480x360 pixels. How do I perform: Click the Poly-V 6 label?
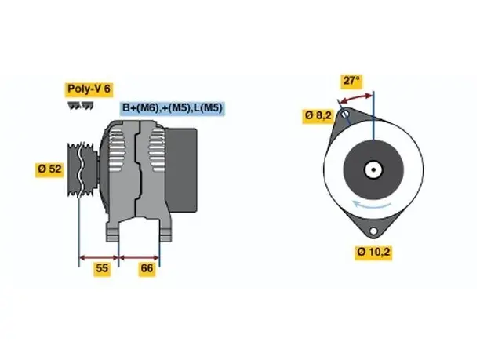tap(89, 89)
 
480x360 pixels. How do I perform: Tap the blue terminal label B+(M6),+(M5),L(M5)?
tap(172, 108)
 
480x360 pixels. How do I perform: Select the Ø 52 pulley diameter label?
tap(49, 169)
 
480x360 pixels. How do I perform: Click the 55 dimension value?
tap(102, 268)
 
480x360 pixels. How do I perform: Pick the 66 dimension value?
tap(147, 268)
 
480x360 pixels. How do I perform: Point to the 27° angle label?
tap(351, 81)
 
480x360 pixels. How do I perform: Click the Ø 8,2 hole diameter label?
tap(318, 116)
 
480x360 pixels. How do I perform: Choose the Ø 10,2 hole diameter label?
tap(373, 253)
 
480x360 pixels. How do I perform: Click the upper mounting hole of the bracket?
tap(345, 115)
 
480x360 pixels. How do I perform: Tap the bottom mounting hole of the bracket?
tap(373, 231)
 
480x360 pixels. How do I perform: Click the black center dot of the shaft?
tap(373, 169)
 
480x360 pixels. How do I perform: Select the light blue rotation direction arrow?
tap(371, 205)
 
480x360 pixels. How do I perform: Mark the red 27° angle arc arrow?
tap(356, 97)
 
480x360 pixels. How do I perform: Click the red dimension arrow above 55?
tap(99, 258)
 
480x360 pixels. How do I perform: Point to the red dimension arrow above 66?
tap(139, 258)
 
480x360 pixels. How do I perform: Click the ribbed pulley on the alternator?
tap(82, 169)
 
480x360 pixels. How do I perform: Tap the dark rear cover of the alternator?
tap(181, 170)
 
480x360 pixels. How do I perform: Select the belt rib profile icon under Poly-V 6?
tap(81, 106)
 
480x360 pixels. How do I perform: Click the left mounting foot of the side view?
tap(112, 232)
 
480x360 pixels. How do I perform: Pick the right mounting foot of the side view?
tap(165, 231)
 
